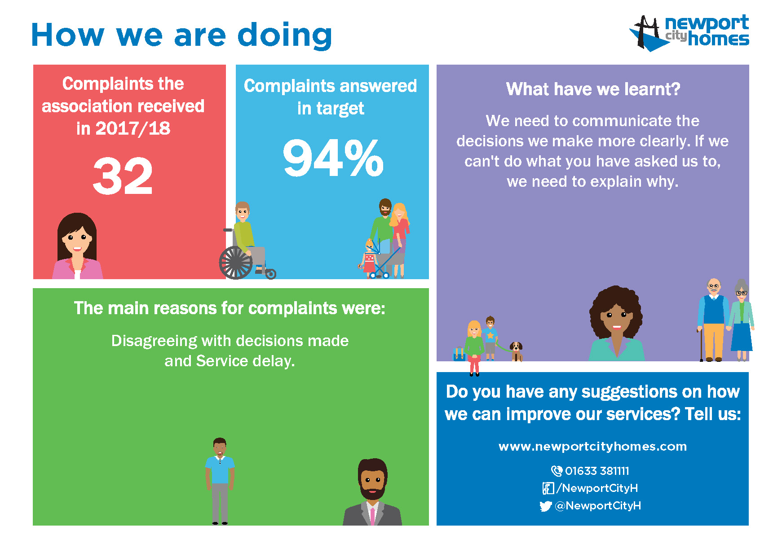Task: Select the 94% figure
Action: pos(333,158)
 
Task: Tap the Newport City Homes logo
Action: pos(689,33)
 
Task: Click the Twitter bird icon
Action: pos(545,506)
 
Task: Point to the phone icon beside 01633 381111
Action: pos(557,471)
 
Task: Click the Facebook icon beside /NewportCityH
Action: pos(548,488)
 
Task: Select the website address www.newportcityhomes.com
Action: pos(592,447)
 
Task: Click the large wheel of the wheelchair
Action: pos(235,263)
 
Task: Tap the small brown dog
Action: pos(516,351)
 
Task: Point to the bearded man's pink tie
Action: pos(372,516)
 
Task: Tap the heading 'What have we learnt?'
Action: pos(593,89)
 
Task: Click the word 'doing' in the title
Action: pos(285,35)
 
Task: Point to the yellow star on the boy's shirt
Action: pos(490,335)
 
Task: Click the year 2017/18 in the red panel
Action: pos(133,129)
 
